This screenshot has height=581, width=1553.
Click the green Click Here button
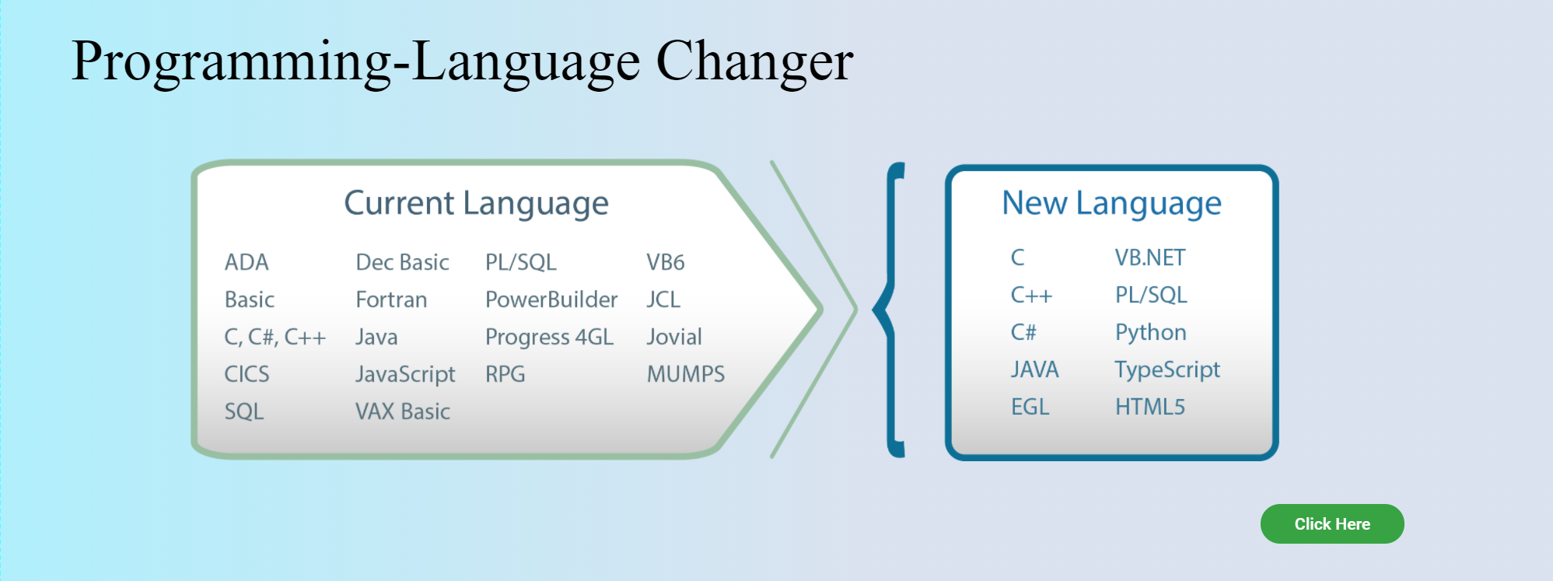[x=1332, y=523]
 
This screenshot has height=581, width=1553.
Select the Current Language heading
[x=476, y=204]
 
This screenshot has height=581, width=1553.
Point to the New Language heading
[x=1111, y=204]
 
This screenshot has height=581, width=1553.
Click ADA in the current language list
[x=247, y=262]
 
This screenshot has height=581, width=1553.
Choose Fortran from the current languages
[x=391, y=299]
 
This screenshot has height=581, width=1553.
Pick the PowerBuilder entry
[x=551, y=299]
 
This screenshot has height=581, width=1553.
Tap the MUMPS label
[x=686, y=374]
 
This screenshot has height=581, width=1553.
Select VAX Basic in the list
[x=403, y=411]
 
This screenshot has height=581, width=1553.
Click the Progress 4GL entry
[x=550, y=338]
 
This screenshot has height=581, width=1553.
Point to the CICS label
[x=247, y=374]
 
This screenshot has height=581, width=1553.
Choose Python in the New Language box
[x=1151, y=333]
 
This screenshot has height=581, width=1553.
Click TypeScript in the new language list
[x=1167, y=370]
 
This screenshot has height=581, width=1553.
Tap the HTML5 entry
[x=1150, y=407]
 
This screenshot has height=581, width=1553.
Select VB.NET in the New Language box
[x=1150, y=257]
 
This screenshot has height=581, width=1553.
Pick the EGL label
[x=1030, y=407]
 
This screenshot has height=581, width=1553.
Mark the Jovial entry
[x=674, y=337]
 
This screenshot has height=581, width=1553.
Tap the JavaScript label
[x=405, y=375]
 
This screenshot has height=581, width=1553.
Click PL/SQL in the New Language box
[x=1151, y=295]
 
